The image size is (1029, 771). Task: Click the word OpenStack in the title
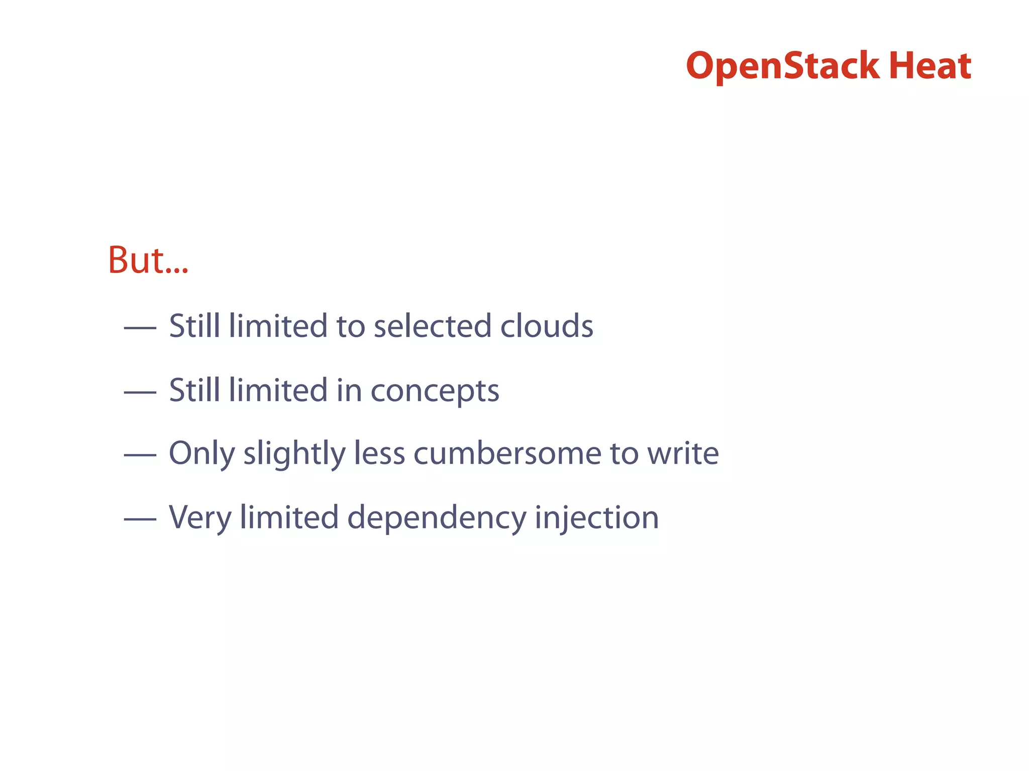[x=782, y=66]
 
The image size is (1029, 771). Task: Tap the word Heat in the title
[x=930, y=66]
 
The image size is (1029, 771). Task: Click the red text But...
[x=148, y=261]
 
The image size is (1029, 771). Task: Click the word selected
[x=432, y=326]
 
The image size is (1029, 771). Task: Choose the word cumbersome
[x=507, y=454]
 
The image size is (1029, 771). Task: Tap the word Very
[x=200, y=518]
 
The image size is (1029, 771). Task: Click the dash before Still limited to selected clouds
[x=140, y=328]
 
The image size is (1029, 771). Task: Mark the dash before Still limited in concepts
[x=140, y=392]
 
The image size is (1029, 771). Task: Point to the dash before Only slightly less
[x=140, y=456]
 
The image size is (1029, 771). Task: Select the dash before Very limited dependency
[x=140, y=520]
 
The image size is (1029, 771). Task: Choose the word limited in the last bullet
[x=289, y=518]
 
